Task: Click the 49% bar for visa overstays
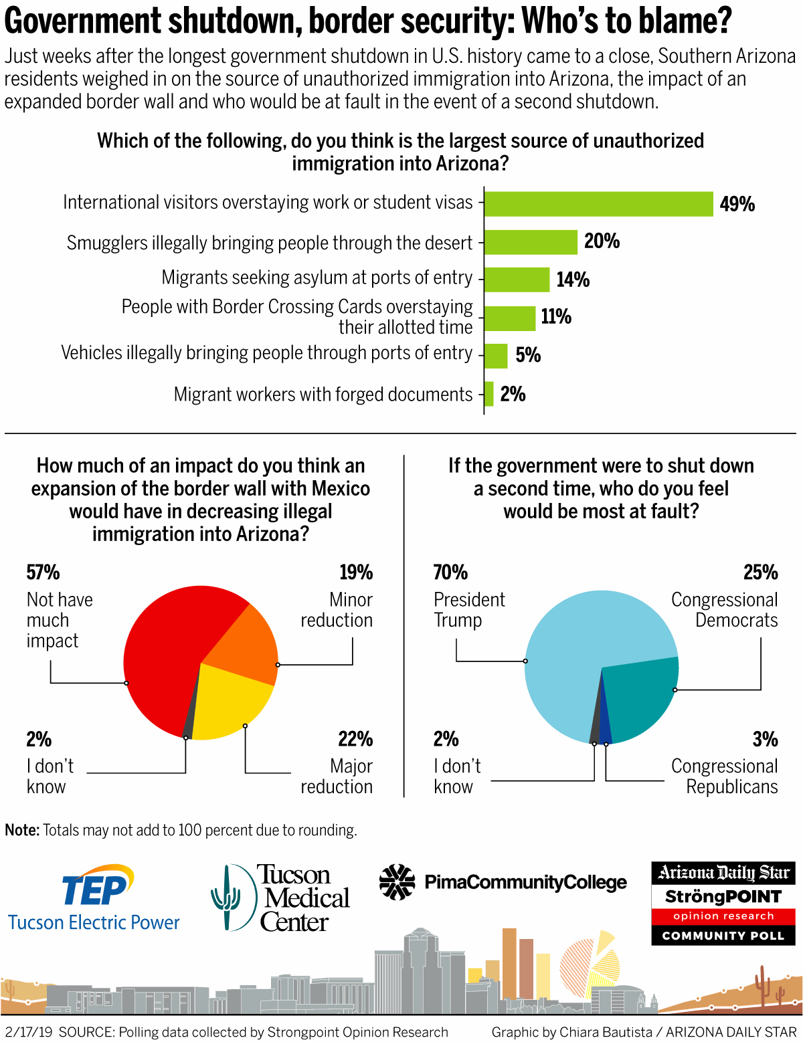(598, 204)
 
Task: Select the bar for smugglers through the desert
(531, 242)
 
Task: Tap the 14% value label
(573, 280)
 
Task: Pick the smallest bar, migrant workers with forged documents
(489, 394)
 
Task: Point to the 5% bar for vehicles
(496, 356)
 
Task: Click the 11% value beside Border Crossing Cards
(556, 316)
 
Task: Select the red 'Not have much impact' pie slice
(161, 655)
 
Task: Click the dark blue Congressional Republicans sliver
(605, 726)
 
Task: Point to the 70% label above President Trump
(450, 572)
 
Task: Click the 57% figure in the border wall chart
(43, 572)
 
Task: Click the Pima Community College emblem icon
(397, 882)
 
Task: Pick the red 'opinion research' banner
(723, 916)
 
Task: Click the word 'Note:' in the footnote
(22, 830)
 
